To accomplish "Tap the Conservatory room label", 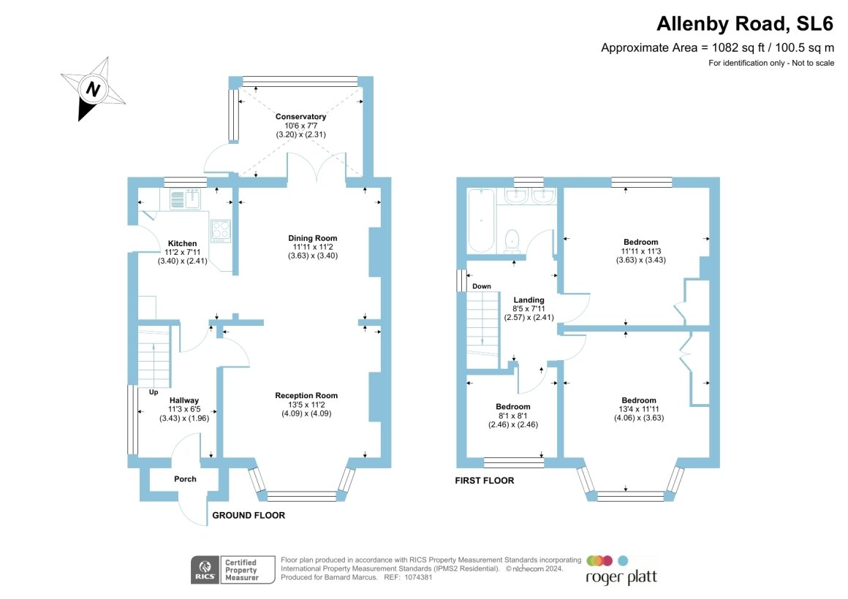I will (300, 117).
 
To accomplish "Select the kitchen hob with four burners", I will (221, 231).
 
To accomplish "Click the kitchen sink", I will (185, 199).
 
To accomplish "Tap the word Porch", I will (185, 479).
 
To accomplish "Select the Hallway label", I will (184, 400).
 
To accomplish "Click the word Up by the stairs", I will (154, 392).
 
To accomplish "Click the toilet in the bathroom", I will (513, 240).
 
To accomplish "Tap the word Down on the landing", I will (482, 286).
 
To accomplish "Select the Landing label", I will (529, 299).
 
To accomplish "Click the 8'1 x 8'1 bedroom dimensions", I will (512, 416).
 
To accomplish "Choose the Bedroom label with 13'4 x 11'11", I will (638, 400).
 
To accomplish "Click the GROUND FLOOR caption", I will (248, 516).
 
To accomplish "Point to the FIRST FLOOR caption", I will (484, 481).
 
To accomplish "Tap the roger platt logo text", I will (621, 577).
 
